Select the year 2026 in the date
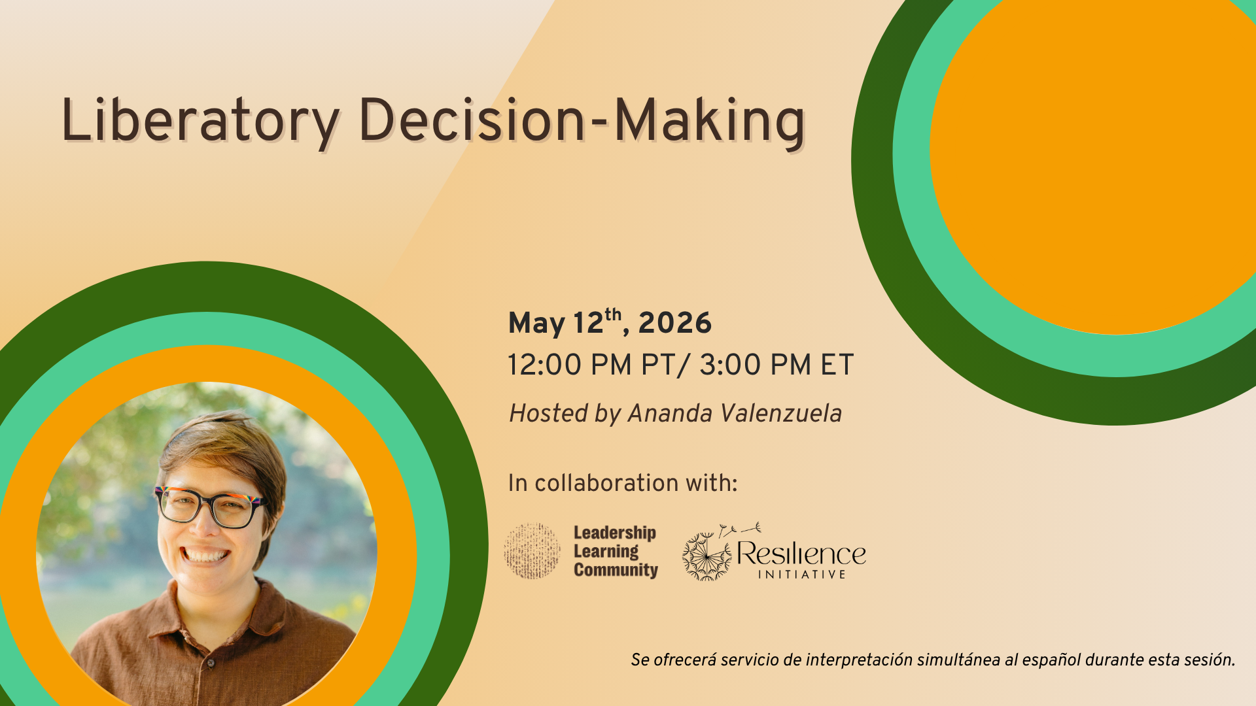(674, 323)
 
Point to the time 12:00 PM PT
(591, 365)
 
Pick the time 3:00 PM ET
(776, 365)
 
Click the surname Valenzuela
(781, 413)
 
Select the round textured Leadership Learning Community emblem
(532, 551)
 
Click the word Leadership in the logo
(615, 533)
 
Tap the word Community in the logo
(616, 570)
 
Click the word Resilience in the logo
(801, 554)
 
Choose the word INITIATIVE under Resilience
(802, 575)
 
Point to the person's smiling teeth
(205, 556)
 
